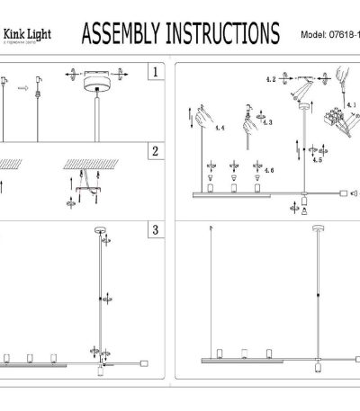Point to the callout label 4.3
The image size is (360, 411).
[267, 121]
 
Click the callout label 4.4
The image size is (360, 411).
[219, 129]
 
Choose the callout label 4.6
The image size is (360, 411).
[270, 171]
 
